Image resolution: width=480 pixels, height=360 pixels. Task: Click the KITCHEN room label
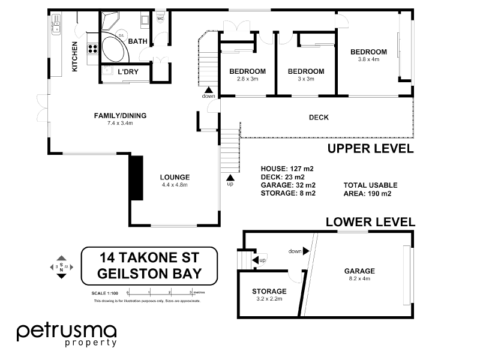point(75,56)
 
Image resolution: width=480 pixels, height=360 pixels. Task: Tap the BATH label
point(137,41)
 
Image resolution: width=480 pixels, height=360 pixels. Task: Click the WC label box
point(160,19)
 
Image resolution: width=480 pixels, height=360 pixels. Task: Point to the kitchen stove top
point(94,48)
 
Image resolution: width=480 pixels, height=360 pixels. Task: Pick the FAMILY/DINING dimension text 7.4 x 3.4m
point(120,123)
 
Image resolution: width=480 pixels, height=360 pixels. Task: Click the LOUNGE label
point(175,177)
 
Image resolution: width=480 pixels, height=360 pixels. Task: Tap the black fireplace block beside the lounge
point(136,178)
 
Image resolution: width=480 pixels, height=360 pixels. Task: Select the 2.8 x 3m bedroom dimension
point(247,79)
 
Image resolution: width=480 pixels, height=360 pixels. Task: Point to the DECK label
point(319,118)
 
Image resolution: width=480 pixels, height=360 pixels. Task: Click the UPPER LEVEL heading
point(370,149)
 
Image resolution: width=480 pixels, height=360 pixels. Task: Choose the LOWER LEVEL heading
point(370,222)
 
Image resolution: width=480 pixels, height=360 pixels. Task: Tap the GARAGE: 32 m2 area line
point(289,185)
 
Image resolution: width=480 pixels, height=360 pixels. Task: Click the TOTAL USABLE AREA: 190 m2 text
point(370,190)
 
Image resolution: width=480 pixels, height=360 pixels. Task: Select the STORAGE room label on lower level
point(269,292)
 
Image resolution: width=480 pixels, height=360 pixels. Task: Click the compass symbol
point(61,266)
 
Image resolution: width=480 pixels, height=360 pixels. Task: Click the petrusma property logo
point(66,334)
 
